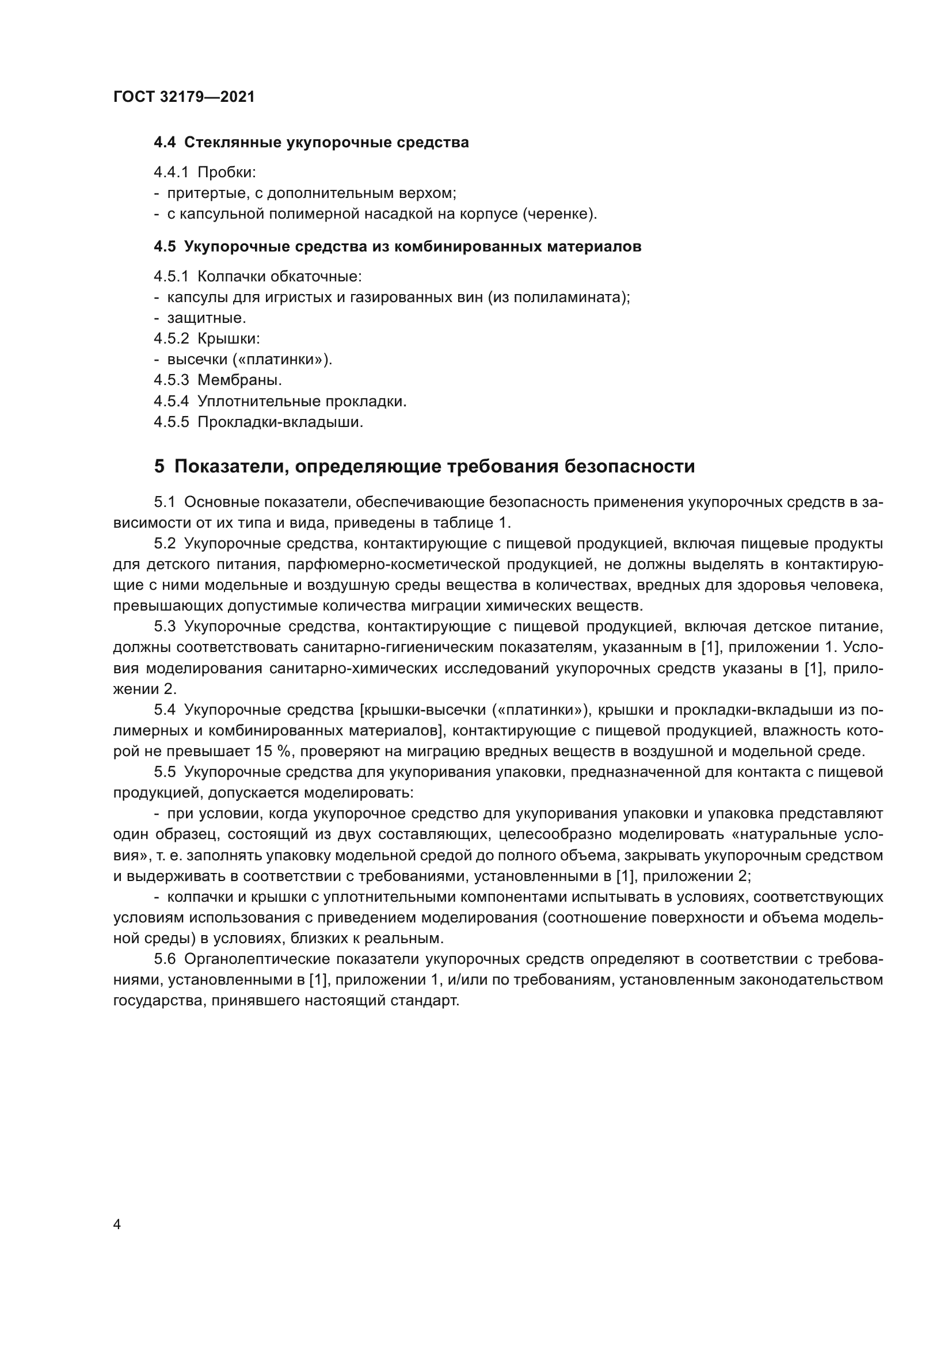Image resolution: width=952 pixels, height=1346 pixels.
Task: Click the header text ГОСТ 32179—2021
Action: [184, 97]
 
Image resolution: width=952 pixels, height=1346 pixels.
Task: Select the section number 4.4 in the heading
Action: [165, 143]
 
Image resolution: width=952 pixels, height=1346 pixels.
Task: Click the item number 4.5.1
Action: [171, 276]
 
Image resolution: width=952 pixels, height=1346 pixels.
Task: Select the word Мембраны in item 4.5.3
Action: [239, 380]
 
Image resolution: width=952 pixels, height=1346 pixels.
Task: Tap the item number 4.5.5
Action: [171, 422]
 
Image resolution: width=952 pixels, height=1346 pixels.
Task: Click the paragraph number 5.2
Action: [165, 543]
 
